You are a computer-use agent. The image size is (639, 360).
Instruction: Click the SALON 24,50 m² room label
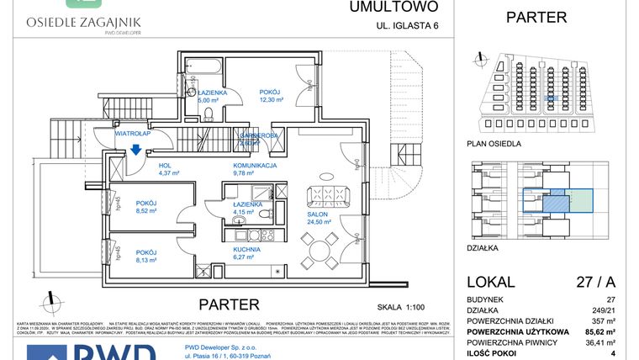317,217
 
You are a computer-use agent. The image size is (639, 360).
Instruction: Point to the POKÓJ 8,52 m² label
146,208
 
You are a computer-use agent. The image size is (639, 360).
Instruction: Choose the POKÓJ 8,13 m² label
146,257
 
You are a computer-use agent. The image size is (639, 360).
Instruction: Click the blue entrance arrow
135,151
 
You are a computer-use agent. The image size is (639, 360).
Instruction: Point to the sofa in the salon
320,195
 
